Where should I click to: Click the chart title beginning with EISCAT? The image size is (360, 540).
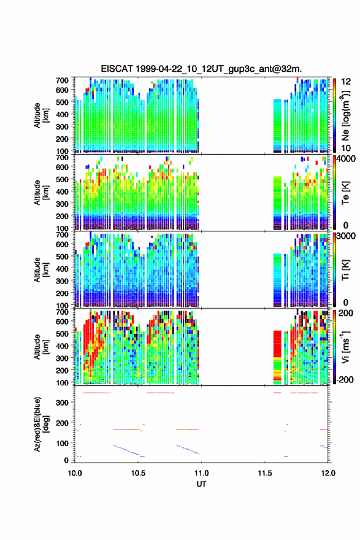[201, 69]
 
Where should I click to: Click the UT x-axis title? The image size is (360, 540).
[201, 484]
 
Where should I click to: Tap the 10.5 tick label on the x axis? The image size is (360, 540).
[138, 473]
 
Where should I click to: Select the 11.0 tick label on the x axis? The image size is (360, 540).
[201, 473]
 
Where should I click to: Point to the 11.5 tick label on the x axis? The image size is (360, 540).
[265, 473]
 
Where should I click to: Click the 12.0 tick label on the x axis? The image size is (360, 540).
[328, 473]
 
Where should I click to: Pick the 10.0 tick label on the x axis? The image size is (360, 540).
[75, 473]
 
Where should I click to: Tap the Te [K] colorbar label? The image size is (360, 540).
[345, 193]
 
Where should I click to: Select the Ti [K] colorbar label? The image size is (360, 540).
[345, 270]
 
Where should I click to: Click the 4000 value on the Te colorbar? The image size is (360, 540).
[345, 159]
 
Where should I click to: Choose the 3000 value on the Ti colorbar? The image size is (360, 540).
[345, 236]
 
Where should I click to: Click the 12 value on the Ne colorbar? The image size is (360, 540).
[346, 82]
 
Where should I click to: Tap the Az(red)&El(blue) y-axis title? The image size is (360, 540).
[42, 424]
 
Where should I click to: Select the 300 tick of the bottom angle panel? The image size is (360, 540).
[63, 403]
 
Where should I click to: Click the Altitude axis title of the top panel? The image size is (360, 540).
[42, 115]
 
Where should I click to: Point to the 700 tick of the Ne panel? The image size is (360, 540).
[63, 80]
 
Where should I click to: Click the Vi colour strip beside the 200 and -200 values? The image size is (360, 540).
[334, 347]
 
